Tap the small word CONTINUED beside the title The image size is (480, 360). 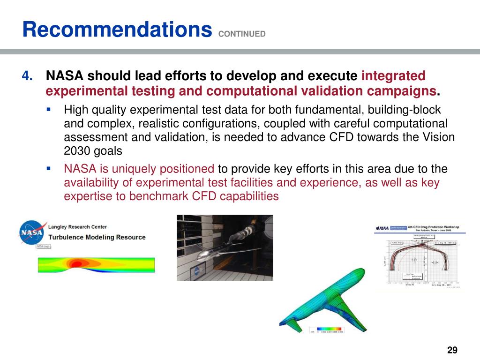click(242, 34)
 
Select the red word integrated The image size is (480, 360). click(394, 75)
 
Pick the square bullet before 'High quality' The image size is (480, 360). click(48, 110)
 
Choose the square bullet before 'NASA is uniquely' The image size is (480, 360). click(48, 168)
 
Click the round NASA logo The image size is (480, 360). click(32, 232)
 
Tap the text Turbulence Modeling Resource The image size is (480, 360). click(97, 237)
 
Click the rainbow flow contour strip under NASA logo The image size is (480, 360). click(96, 265)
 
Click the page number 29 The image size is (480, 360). click(452, 350)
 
